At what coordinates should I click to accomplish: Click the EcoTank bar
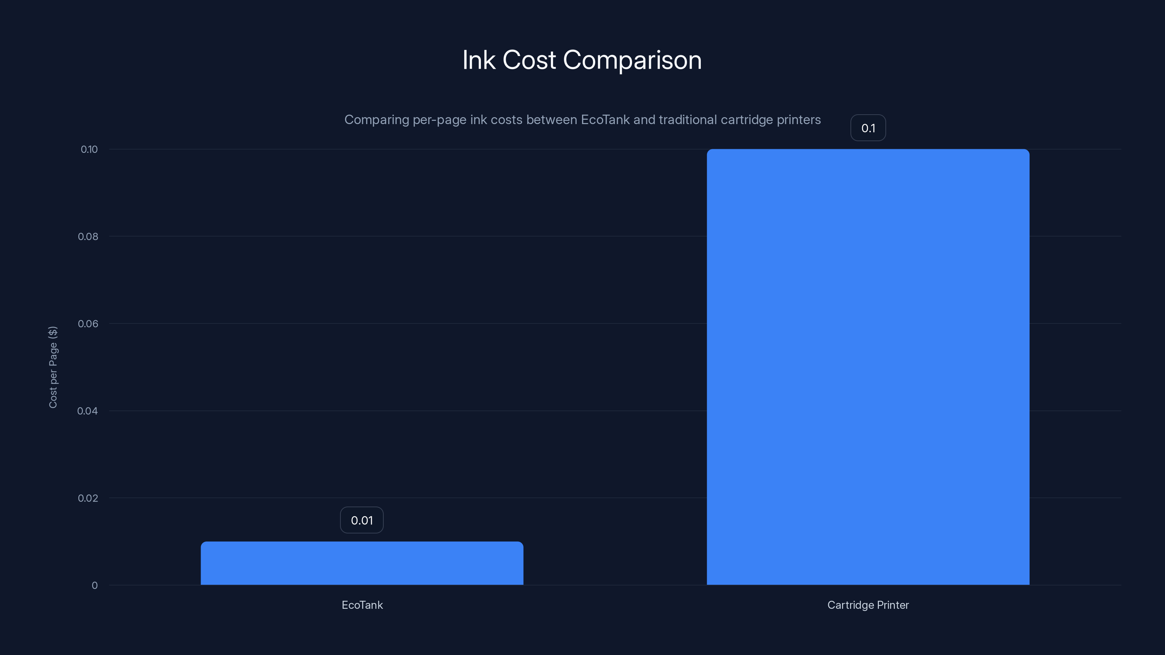pos(362,563)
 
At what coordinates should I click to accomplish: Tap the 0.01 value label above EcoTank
pos(362,520)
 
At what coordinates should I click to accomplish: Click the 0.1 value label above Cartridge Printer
pos(868,128)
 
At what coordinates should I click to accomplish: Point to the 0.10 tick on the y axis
pos(89,150)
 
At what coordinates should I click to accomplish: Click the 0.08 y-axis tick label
pos(88,237)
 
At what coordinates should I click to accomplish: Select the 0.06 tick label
pos(88,323)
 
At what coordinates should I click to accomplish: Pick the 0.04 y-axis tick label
pos(87,411)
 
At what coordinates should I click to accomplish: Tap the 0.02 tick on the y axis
pos(88,498)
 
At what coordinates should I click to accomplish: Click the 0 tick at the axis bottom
pos(95,585)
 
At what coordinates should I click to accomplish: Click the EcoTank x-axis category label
pos(362,605)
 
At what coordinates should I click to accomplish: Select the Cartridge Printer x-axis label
pos(868,605)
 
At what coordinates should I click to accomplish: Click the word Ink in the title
pos(478,60)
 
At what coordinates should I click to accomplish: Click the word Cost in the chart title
pos(529,60)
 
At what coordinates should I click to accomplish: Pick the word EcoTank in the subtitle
pos(605,120)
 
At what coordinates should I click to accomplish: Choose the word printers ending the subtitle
pos(798,120)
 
